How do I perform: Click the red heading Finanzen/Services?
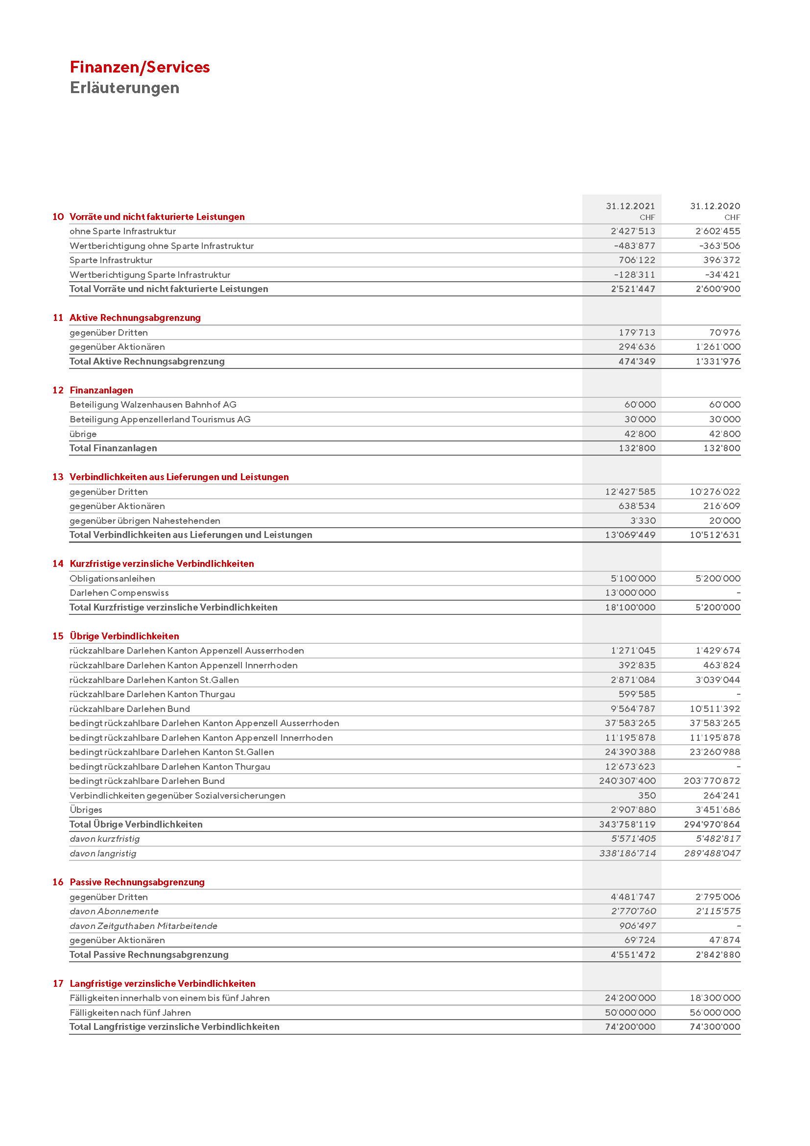pyautogui.click(x=140, y=67)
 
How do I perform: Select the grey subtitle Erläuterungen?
pyautogui.click(x=124, y=88)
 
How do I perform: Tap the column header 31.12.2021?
pyautogui.click(x=630, y=206)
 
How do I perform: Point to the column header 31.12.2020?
pyautogui.click(x=715, y=206)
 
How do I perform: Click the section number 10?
pyautogui.click(x=58, y=217)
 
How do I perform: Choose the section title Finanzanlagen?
pyautogui.click(x=101, y=390)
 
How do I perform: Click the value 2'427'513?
pyautogui.click(x=633, y=231)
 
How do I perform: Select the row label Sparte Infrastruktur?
pyautogui.click(x=111, y=260)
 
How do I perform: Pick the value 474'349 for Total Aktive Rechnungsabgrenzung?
pyautogui.click(x=637, y=362)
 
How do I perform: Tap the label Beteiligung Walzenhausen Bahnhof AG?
pyautogui.click(x=153, y=405)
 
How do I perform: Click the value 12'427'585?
pyautogui.click(x=630, y=491)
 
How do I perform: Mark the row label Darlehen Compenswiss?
pyautogui.click(x=119, y=593)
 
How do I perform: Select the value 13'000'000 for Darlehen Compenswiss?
pyautogui.click(x=630, y=593)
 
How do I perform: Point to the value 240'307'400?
pyautogui.click(x=627, y=781)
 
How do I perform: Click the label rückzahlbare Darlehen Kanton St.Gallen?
pyautogui.click(x=154, y=680)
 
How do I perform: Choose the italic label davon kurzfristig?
pyautogui.click(x=105, y=839)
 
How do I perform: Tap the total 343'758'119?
pyautogui.click(x=627, y=825)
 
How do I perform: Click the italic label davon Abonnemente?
pyautogui.click(x=114, y=911)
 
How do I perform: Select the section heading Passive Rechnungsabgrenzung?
pyautogui.click(x=137, y=882)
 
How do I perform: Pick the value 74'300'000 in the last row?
pyautogui.click(x=715, y=1027)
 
